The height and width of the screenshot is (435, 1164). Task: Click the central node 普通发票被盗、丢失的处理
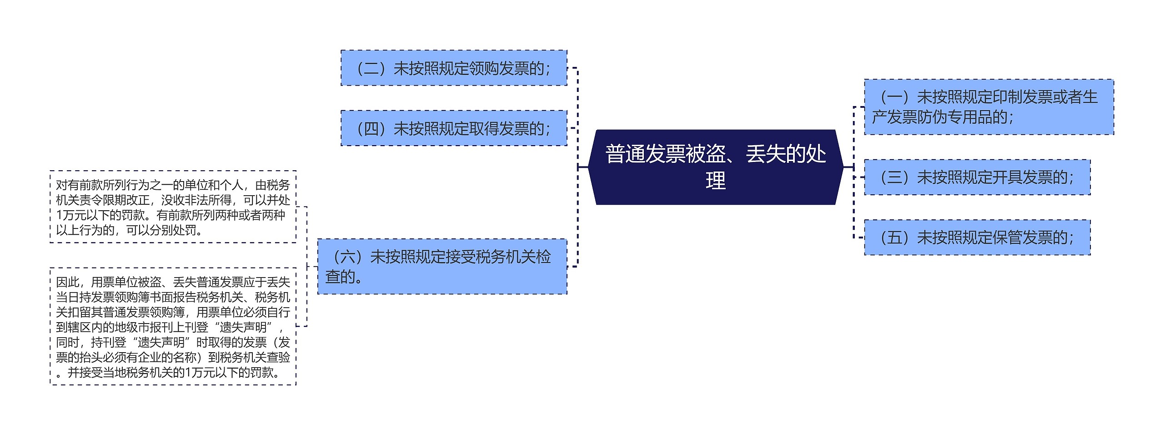[x=715, y=167]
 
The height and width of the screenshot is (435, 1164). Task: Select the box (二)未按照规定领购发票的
[x=454, y=68]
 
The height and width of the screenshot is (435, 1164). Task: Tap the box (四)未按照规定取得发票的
[x=454, y=128]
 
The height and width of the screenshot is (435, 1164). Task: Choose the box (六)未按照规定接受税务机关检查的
[x=442, y=266]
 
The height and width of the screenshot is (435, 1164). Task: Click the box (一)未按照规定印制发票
[x=988, y=107]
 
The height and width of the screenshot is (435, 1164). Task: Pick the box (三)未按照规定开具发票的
[x=977, y=177]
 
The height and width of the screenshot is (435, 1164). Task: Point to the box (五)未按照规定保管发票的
[x=977, y=238]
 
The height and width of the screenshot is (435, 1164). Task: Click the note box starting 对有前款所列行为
[x=173, y=207]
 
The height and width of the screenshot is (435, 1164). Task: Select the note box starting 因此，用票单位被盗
[x=173, y=327]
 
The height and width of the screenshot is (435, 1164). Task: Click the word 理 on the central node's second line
[x=715, y=181]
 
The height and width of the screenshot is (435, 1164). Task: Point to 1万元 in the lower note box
[x=198, y=373]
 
